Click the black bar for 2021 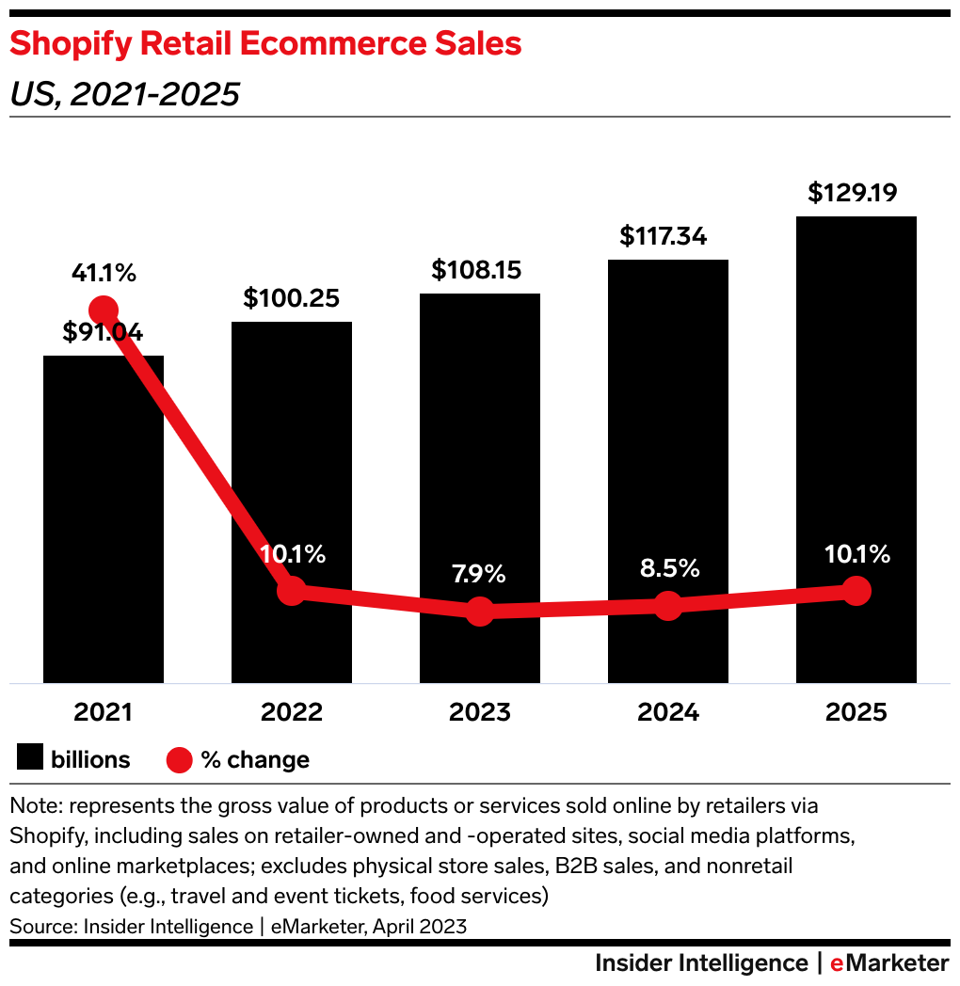pyautogui.click(x=104, y=517)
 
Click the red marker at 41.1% pyautogui.click(x=103, y=310)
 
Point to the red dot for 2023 pyautogui.click(x=480, y=611)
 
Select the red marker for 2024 pyautogui.click(x=668, y=605)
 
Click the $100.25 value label pyautogui.click(x=291, y=298)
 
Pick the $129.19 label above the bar pyautogui.click(x=853, y=193)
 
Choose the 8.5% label pyautogui.click(x=669, y=568)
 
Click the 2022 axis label pyautogui.click(x=292, y=712)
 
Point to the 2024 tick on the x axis pyautogui.click(x=668, y=712)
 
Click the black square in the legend pyautogui.click(x=31, y=758)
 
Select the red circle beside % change pyautogui.click(x=179, y=759)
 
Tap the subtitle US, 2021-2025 pyautogui.click(x=124, y=94)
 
